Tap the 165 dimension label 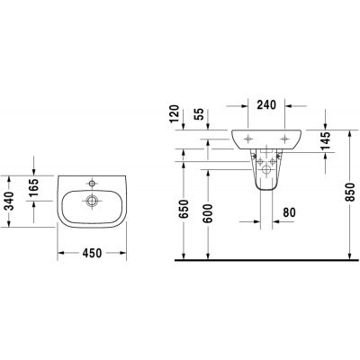click(x=34, y=191)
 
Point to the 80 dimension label click(x=290, y=212)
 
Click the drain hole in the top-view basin click(x=91, y=200)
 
